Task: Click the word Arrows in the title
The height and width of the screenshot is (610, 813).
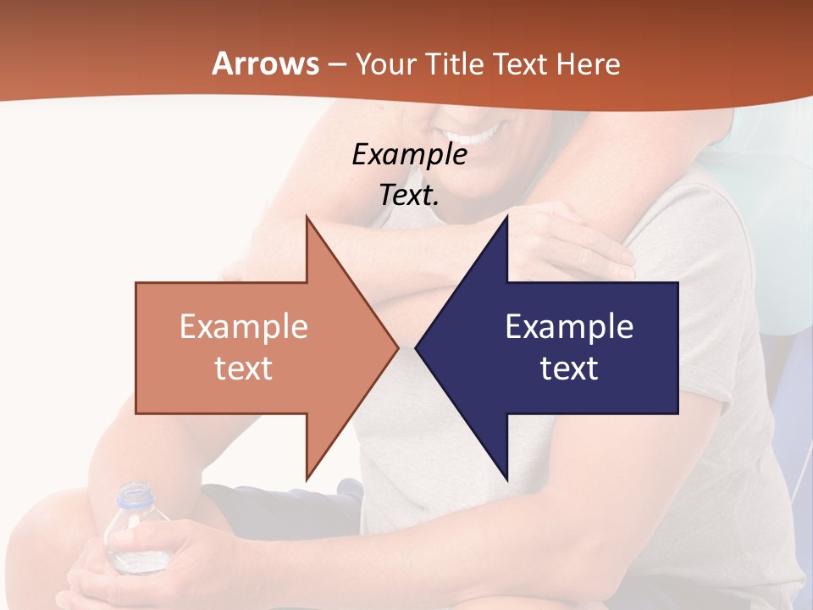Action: (x=265, y=64)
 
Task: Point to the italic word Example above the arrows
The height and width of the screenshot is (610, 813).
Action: (x=409, y=155)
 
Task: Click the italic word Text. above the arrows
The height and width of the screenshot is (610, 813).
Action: (x=409, y=195)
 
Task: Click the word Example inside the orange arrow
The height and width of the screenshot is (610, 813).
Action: (x=244, y=327)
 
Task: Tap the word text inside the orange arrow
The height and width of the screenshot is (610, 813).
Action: (x=244, y=369)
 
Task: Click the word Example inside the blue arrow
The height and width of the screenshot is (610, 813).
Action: (x=569, y=327)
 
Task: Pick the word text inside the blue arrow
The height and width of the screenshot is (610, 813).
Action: (x=569, y=369)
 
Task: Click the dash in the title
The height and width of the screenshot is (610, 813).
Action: (x=336, y=64)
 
